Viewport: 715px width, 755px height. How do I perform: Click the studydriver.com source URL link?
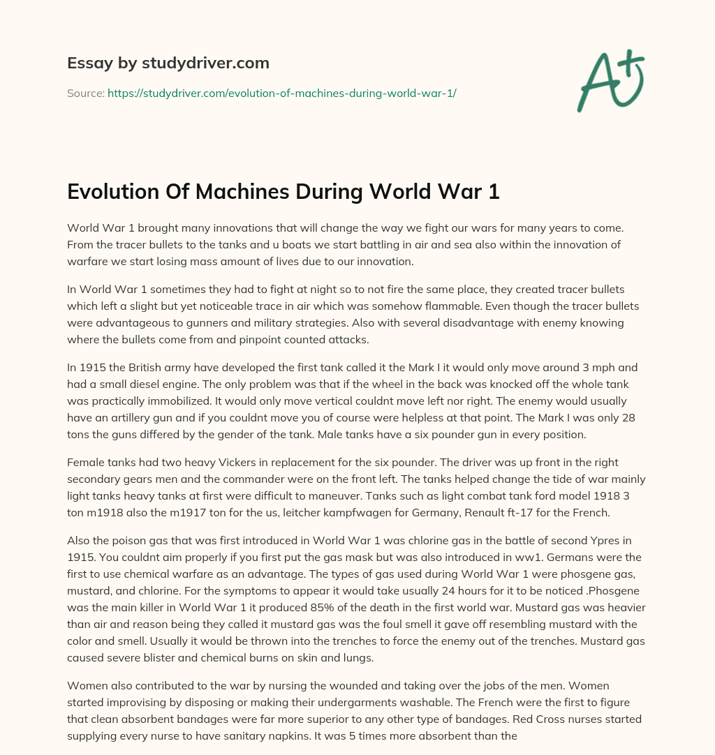tap(281, 92)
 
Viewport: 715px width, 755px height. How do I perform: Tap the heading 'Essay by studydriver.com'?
tap(168, 63)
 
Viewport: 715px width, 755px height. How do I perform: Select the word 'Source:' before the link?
tap(85, 92)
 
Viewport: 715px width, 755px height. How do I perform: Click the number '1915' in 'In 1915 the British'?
tap(93, 367)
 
